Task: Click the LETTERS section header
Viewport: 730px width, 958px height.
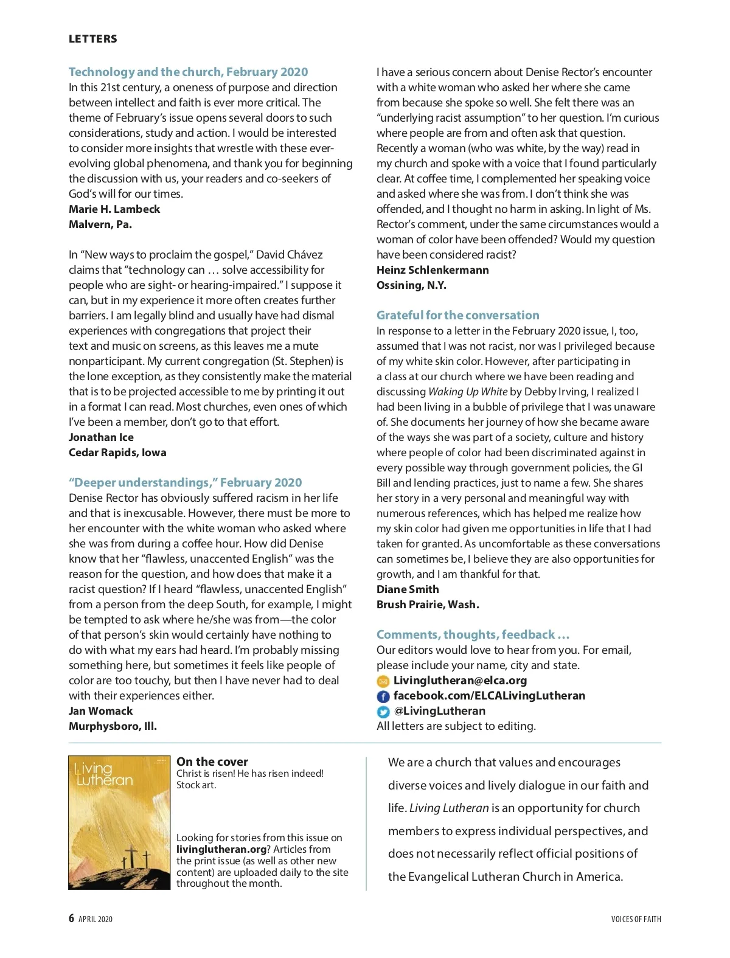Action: tap(92, 39)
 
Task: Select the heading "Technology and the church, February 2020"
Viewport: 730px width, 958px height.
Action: tap(188, 72)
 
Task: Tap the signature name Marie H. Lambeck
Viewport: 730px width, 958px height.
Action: tap(114, 209)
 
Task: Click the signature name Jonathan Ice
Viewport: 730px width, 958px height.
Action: tap(101, 437)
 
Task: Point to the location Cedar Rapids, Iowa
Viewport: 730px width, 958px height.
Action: tap(117, 453)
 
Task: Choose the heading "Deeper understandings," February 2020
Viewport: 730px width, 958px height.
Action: tap(185, 482)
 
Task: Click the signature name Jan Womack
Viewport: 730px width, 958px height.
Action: tap(100, 711)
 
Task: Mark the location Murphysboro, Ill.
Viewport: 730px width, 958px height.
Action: tap(113, 726)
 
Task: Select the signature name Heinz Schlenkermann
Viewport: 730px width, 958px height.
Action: tap(433, 270)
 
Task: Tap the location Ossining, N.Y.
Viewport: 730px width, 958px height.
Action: tap(411, 285)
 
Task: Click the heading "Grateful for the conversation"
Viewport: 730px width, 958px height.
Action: tap(457, 315)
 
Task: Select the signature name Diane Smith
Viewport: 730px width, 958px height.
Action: tap(408, 589)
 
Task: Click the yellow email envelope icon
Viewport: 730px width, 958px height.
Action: tap(383, 681)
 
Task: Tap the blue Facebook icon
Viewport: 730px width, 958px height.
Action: tap(383, 696)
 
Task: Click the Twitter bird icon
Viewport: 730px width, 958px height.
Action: tap(383, 712)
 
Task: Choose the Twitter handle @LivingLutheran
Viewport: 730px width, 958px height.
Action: tap(439, 711)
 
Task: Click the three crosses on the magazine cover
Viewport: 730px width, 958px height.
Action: tap(136, 858)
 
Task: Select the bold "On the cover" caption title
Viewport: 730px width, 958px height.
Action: tap(212, 762)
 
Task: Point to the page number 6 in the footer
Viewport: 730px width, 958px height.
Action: tap(72, 918)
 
